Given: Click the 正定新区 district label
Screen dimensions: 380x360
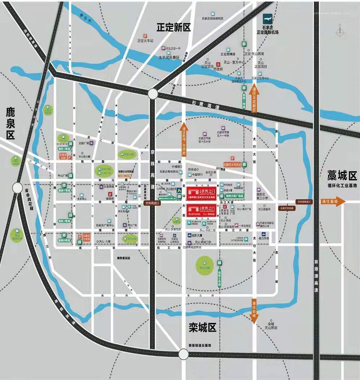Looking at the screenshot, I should pyautogui.click(x=173, y=27).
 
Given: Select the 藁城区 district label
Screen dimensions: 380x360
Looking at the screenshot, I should pyautogui.click(x=342, y=176).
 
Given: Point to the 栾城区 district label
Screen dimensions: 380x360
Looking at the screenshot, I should pyautogui.click(x=202, y=328).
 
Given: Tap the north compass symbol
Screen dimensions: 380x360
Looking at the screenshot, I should pyautogui.click(x=339, y=32).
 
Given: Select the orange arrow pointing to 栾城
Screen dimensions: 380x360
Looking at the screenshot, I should pyautogui.click(x=254, y=309).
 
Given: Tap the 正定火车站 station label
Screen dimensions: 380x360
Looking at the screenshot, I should pyautogui.click(x=145, y=41).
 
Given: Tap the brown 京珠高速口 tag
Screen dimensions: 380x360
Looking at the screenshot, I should pyautogui.click(x=152, y=203).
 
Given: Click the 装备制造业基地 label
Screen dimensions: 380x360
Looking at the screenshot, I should pyautogui.click(x=199, y=346).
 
